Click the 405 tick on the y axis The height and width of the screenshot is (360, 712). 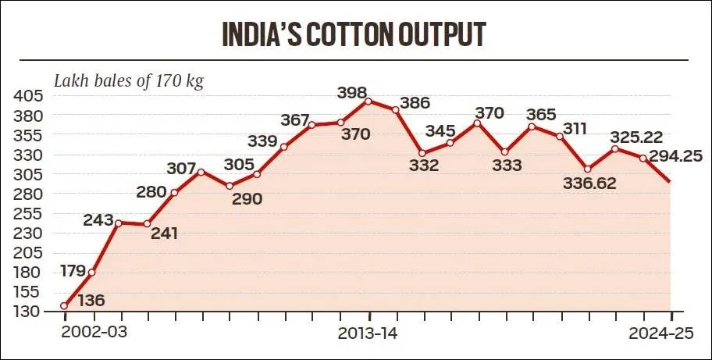coord(28,96)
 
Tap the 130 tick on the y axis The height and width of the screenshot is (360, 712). coord(28,311)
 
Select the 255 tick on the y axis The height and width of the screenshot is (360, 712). coord(28,213)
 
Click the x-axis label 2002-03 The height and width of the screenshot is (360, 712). coord(94,332)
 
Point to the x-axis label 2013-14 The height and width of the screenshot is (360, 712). coord(370,332)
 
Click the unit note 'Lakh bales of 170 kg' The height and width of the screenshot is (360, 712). coord(128,80)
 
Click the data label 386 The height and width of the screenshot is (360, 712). coord(415,103)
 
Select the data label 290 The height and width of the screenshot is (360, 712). coord(246,199)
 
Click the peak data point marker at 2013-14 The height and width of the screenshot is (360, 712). coord(368,101)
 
